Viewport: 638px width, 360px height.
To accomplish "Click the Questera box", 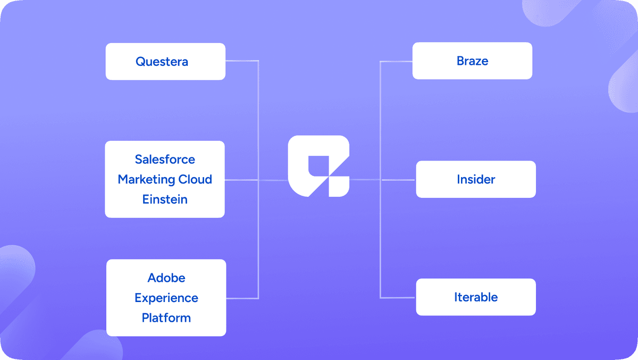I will click(x=165, y=62).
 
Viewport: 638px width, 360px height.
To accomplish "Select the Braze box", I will click(x=472, y=61).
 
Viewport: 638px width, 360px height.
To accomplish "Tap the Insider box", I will click(x=475, y=179).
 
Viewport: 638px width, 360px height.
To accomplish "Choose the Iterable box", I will click(x=475, y=297).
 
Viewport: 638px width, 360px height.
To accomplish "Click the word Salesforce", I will click(x=165, y=159).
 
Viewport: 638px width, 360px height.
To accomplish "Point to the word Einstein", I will click(x=165, y=199).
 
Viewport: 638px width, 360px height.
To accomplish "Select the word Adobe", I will click(x=166, y=278).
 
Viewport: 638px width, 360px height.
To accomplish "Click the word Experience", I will click(x=166, y=298).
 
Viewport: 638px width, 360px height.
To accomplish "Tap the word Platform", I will click(x=166, y=318).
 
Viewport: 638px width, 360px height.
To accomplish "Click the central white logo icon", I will click(x=318, y=166).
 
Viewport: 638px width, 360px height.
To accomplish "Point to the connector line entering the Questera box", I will click(x=242, y=61).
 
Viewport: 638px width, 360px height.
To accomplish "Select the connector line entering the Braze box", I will click(x=397, y=61).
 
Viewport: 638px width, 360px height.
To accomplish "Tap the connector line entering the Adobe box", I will click(x=242, y=297).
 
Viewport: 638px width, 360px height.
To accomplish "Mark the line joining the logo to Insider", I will click(x=383, y=179).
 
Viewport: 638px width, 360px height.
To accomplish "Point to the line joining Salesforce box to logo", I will click(x=255, y=180).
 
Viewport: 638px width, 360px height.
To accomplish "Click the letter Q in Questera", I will click(x=140, y=62).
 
